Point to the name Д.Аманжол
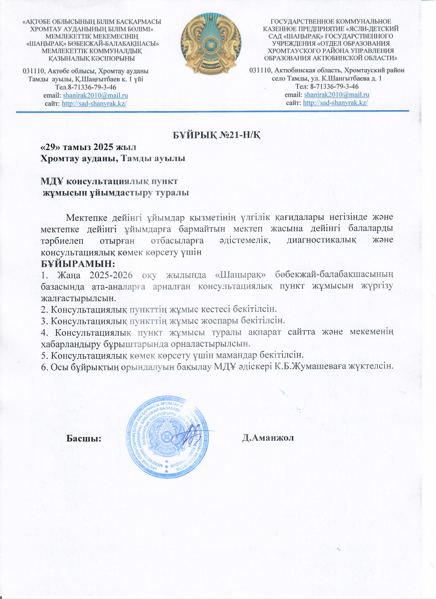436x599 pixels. coord(268,438)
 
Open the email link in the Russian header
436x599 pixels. coord(337,95)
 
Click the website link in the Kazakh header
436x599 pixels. coord(94,103)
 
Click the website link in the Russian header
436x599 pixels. coord(335,103)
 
